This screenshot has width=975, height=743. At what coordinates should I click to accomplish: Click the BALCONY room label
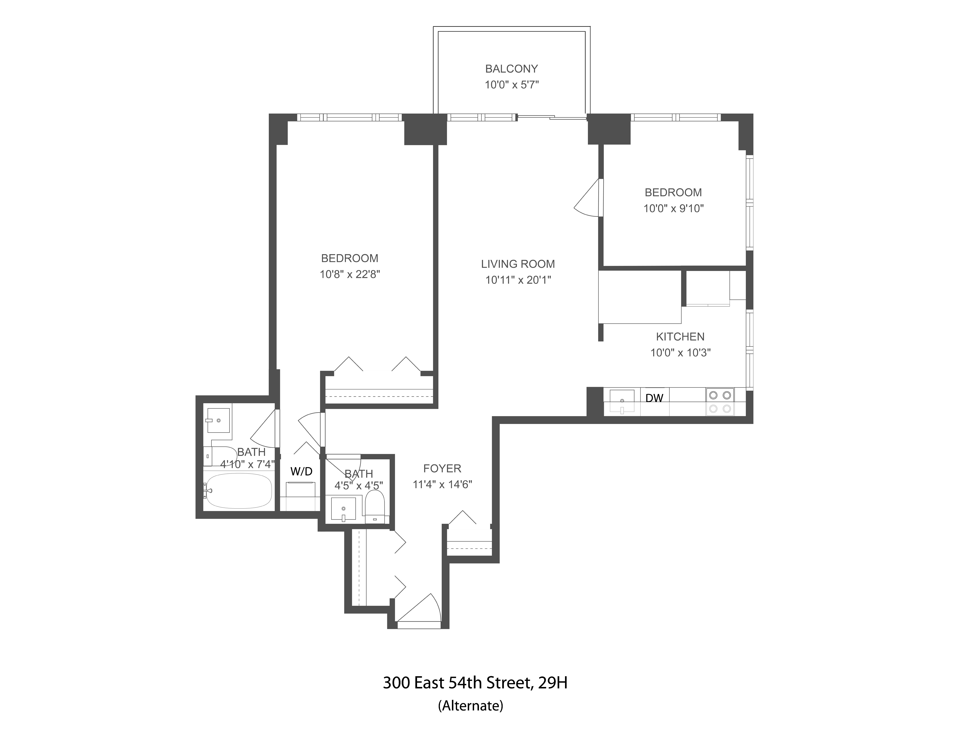(511, 69)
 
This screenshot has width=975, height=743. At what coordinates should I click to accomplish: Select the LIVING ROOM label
(517, 264)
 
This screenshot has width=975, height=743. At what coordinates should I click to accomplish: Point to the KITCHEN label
(680, 337)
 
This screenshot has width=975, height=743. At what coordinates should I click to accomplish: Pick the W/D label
(301, 472)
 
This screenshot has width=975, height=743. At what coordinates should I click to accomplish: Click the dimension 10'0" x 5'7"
(511, 85)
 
